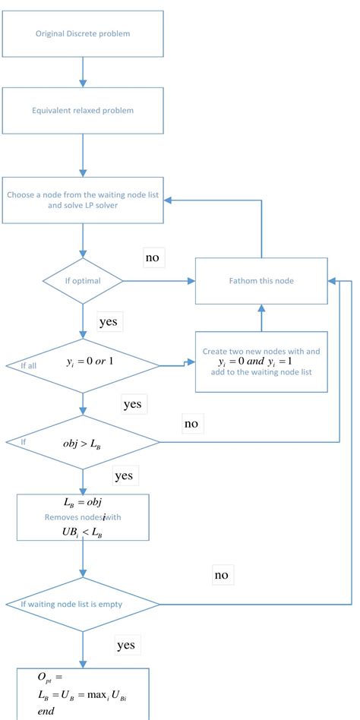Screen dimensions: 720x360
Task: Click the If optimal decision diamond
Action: (81, 281)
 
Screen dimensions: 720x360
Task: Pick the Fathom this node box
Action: (262, 280)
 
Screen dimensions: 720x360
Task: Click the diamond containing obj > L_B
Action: (81, 442)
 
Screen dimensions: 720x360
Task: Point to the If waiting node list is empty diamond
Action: (81, 605)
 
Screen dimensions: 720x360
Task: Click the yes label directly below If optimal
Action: (110, 321)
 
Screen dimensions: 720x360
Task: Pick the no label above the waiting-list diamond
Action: (221, 575)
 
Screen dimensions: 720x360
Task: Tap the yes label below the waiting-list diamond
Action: (126, 645)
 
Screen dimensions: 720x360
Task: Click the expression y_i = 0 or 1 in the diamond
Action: (90, 359)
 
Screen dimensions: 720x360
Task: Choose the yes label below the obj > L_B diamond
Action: (124, 475)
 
